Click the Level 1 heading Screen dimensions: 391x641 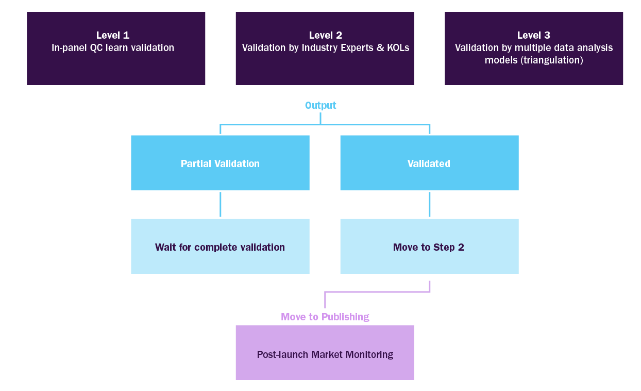point(112,36)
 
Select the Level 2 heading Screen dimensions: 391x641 point(325,36)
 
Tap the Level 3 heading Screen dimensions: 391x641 point(533,36)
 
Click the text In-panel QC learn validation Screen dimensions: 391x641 point(112,48)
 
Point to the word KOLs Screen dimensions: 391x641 point(398,48)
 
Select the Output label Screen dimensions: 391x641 point(320,106)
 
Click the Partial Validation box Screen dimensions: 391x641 point(220,163)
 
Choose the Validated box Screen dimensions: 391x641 point(429,163)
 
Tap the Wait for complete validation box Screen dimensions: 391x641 point(220,247)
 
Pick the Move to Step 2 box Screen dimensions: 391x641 point(429,247)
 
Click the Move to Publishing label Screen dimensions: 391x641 point(325,317)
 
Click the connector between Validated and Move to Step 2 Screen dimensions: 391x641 point(429,204)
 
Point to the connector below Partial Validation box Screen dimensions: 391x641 point(221,204)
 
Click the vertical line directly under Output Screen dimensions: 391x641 point(320,118)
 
